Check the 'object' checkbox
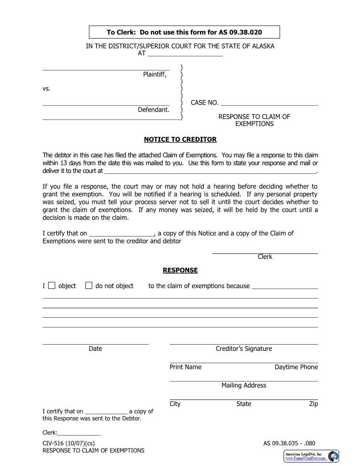[52, 286]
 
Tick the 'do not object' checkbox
[89, 286]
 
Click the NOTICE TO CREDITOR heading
[180, 139]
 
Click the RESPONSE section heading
[180, 270]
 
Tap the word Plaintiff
[154, 74]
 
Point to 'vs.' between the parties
[47, 88]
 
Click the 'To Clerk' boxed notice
[184, 32]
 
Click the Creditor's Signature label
[244, 349]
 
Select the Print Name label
[185, 367]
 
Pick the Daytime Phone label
[296, 367]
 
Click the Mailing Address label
[244, 385]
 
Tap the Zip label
[313, 404]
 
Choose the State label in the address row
[244, 404]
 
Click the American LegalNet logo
[311, 456]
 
